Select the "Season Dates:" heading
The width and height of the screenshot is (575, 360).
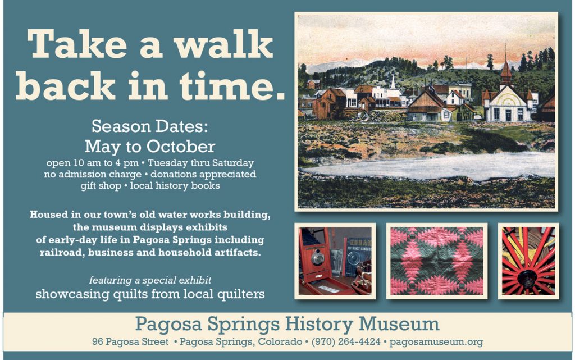pos(149,126)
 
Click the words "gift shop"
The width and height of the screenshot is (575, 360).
pos(101,185)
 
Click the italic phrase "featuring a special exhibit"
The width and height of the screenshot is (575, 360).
pos(150,280)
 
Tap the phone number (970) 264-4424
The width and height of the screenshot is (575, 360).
pos(346,341)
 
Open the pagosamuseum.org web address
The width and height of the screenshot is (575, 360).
pos(436,342)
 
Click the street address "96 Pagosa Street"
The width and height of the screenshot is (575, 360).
pos(130,341)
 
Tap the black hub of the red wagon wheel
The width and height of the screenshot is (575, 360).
pos(528,280)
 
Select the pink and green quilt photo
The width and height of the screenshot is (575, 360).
pos(437,261)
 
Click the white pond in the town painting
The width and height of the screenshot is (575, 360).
pos(429,166)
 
